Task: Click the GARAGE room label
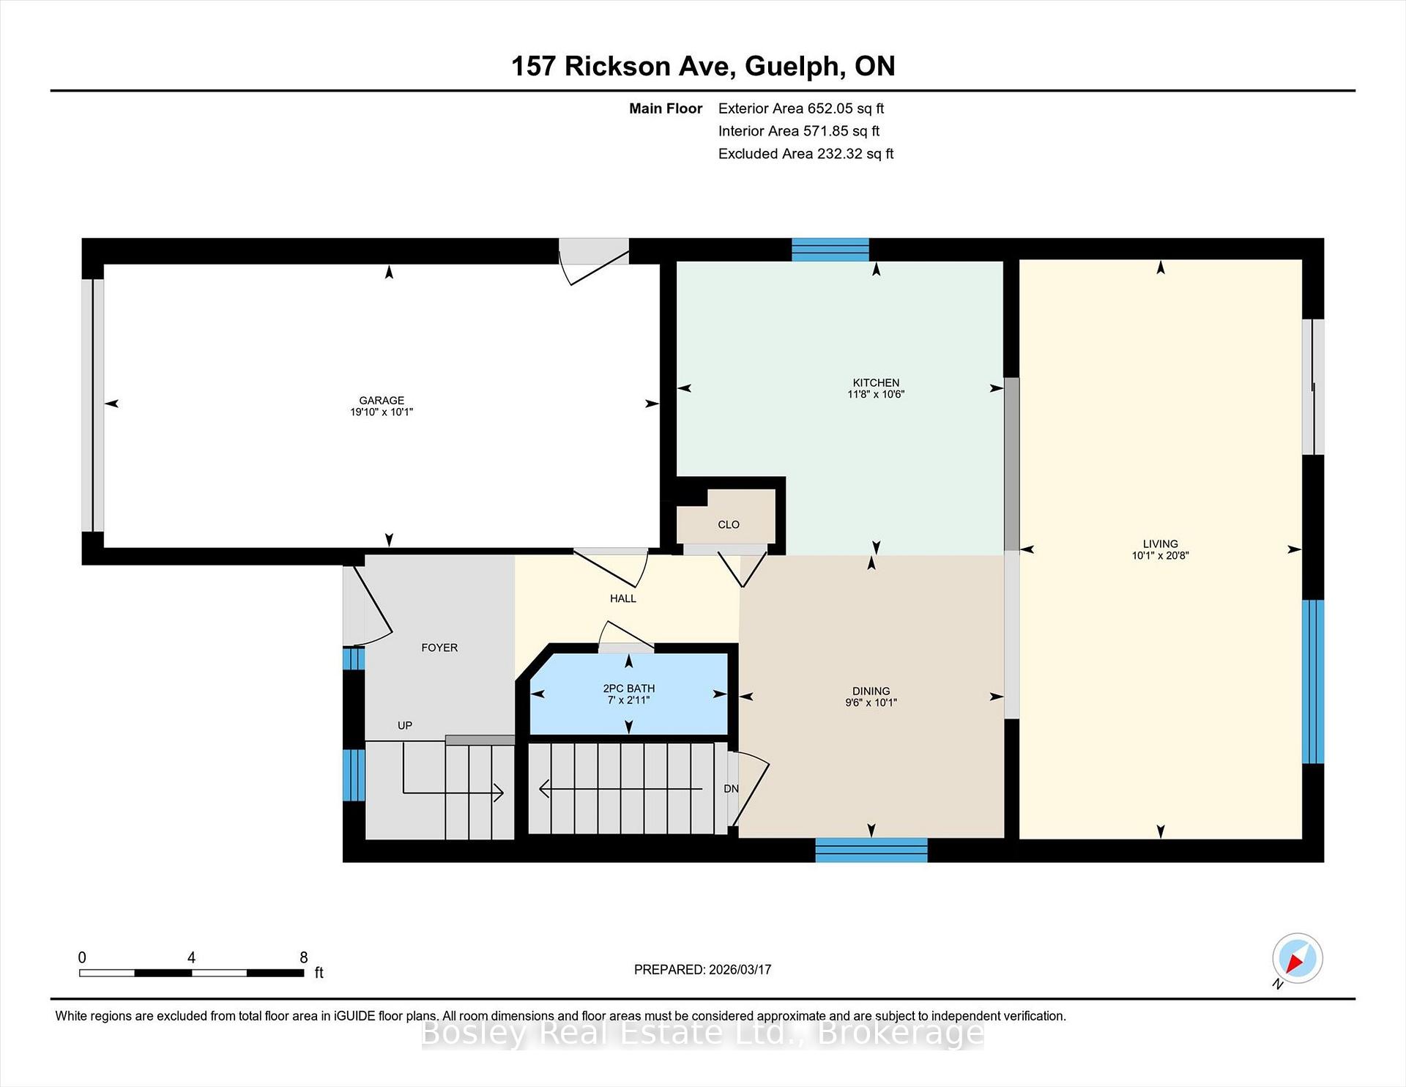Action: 382,401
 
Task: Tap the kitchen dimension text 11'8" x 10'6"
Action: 876,394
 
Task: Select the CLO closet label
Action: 729,524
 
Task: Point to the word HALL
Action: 623,598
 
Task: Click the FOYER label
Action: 439,648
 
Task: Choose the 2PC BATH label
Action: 629,689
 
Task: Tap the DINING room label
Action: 871,691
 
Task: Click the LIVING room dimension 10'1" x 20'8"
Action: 1161,555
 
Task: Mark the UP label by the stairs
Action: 405,725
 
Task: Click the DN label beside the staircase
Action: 731,789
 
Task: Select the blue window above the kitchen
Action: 830,250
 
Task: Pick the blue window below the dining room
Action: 871,850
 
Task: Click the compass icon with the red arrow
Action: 1298,958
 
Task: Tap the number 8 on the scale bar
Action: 304,957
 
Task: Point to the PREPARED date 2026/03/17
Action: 740,969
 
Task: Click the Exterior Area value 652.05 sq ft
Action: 846,108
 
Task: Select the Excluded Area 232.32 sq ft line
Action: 806,154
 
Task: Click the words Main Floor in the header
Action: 666,108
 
